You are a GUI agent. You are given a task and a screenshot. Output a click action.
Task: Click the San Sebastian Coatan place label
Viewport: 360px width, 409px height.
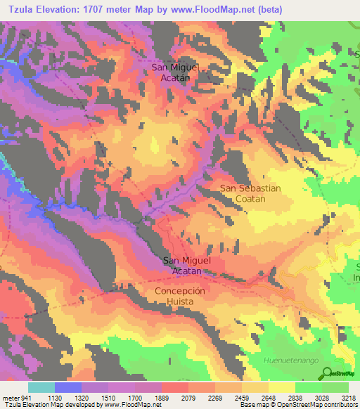tap(250, 193)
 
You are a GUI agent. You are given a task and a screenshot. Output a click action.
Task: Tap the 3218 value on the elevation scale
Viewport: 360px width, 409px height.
tap(349, 397)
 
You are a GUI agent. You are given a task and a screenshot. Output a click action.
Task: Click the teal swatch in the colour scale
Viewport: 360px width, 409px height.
tap(41, 387)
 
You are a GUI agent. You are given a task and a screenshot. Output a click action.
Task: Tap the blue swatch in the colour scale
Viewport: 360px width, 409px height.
tap(68, 387)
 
